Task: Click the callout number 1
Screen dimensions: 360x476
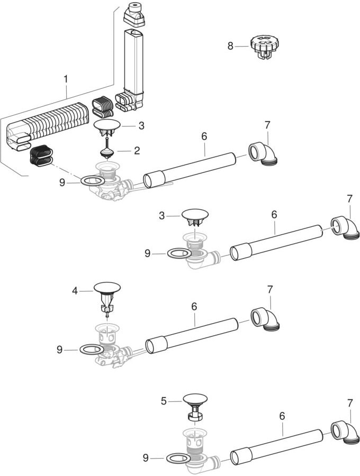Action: pyautogui.click(x=66, y=79)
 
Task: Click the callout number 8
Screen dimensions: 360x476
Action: pyautogui.click(x=230, y=46)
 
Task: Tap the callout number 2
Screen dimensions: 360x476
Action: pyautogui.click(x=137, y=151)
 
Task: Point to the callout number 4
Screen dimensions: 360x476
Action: pyautogui.click(x=75, y=291)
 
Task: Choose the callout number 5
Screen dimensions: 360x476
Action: pyautogui.click(x=164, y=401)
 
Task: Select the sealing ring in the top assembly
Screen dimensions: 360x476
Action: pyautogui.click(x=93, y=181)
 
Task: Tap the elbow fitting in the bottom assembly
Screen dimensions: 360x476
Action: pyautogui.click(x=343, y=433)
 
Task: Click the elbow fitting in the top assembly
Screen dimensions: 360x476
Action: pyautogui.click(x=264, y=153)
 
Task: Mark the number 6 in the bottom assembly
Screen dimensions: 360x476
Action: pyautogui.click(x=282, y=416)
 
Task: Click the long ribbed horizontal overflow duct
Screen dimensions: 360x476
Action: pyautogui.click(x=49, y=124)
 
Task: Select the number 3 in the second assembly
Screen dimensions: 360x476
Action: pyautogui.click(x=161, y=216)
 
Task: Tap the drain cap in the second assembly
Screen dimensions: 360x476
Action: pyautogui.click(x=195, y=217)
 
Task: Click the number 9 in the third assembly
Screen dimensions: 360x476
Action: pyautogui.click(x=59, y=350)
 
